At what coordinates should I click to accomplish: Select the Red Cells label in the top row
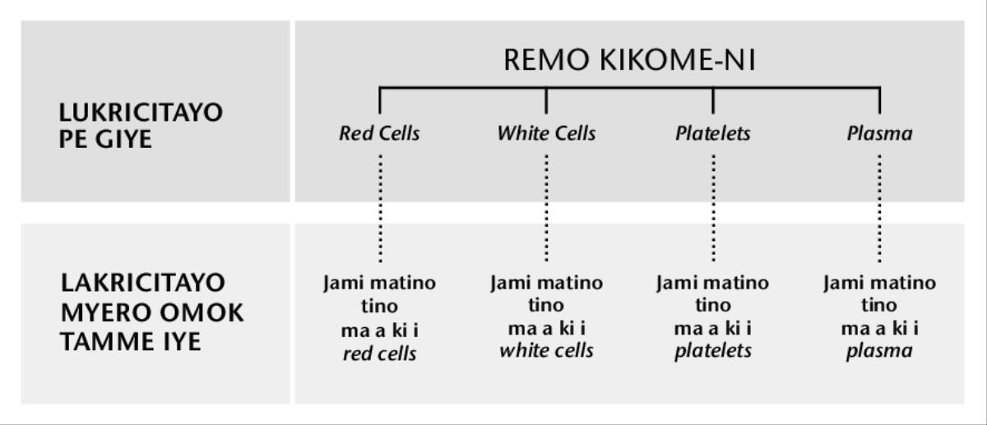[379, 133]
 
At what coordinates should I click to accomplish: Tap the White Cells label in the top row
[546, 133]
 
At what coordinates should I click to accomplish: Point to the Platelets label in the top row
[713, 133]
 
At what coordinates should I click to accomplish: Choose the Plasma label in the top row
[879, 133]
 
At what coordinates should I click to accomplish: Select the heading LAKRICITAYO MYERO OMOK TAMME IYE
[153, 312]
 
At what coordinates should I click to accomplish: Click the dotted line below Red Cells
[380, 210]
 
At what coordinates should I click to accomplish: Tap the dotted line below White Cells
[547, 210]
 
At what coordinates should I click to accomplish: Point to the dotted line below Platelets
[713, 210]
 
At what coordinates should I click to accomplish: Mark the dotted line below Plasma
[880, 210]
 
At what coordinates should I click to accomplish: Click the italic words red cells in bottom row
[379, 353]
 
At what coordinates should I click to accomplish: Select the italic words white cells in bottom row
[546, 353]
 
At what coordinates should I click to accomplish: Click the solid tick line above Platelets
[713, 99]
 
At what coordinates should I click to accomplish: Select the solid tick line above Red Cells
[380, 99]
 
